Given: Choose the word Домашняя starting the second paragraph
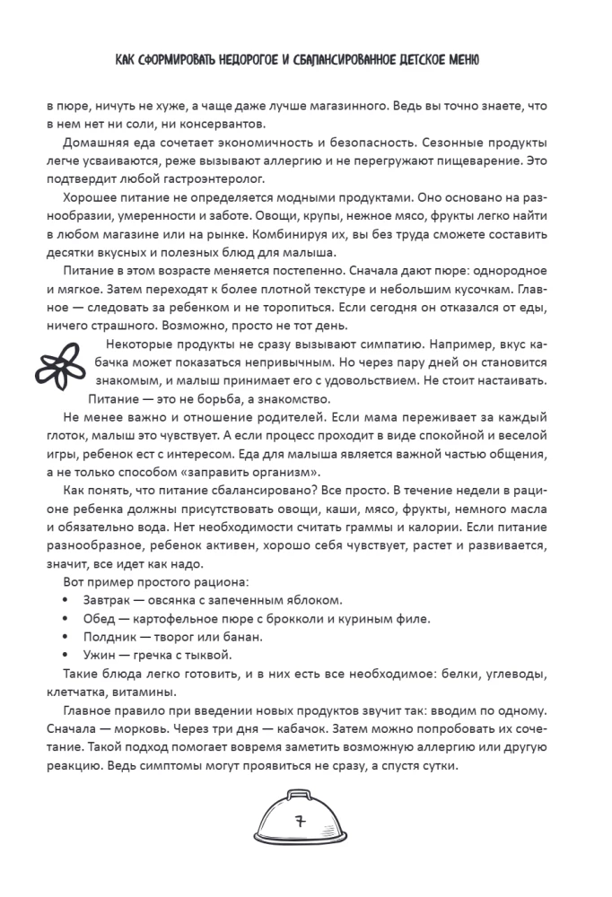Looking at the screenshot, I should click(x=94, y=144).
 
